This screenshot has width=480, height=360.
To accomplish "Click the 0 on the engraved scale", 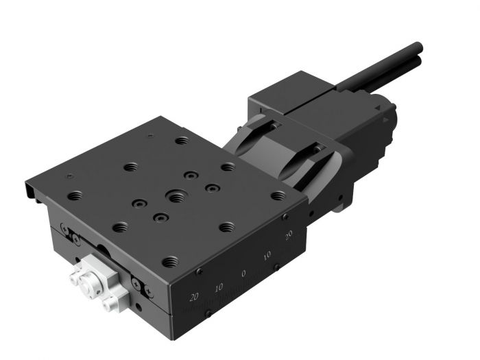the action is [243, 274].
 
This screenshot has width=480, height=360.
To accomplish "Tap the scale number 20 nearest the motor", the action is [289, 235].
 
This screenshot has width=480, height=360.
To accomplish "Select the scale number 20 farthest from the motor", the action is [194, 297].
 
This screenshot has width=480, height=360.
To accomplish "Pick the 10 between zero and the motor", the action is [267, 255].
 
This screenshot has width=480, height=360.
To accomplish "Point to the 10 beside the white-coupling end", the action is [219, 287].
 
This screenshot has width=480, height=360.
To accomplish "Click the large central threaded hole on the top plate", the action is [176, 197].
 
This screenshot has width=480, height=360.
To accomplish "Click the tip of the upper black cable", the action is [419, 47].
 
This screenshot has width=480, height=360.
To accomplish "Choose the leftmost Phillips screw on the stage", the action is [64, 228].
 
